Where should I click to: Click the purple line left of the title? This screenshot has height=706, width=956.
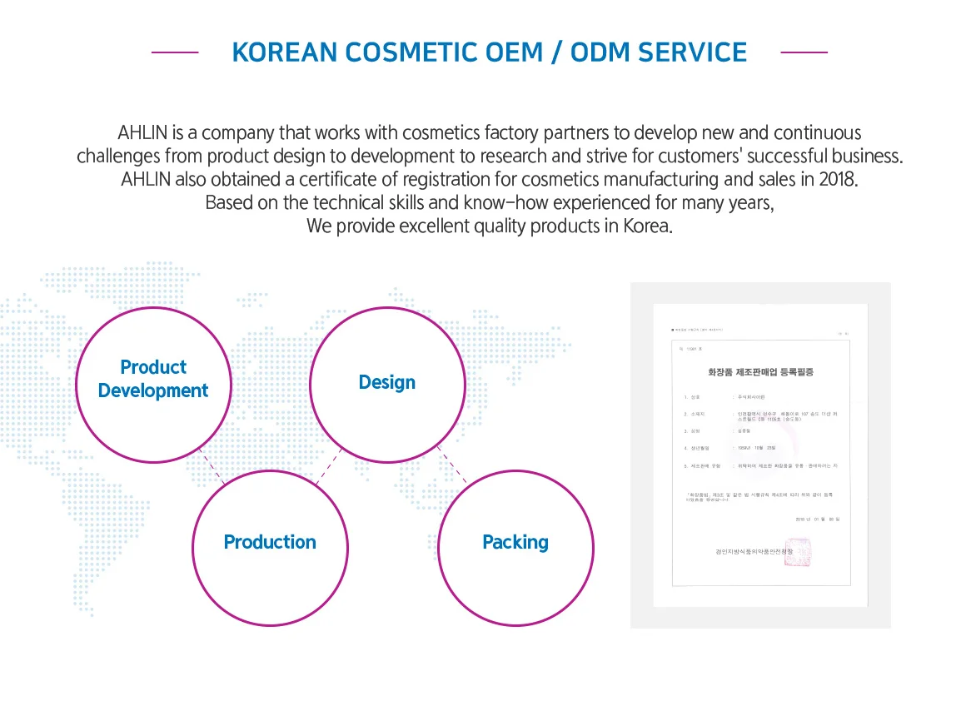pyautogui.click(x=175, y=52)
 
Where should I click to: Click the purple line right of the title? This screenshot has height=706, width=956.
pyautogui.click(x=804, y=52)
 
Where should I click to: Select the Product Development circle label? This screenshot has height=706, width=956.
pyautogui.click(x=153, y=379)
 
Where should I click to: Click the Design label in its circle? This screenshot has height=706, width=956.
pyautogui.click(x=386, y=382)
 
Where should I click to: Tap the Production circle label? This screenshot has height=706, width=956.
pyautogui.click(x=270, y=542)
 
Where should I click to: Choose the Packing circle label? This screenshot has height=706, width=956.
pyautogui.click(x=515, y=542)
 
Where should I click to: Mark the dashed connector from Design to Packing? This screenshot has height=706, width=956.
pyautogui.click(x=452, y=467)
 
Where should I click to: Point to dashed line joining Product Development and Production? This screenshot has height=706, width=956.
pyautogui.click(x=212, y=466)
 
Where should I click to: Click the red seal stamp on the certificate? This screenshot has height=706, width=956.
pyautogui.click(x=796, y=552)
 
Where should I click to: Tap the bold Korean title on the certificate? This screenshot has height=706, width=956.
pyautogui.click(x=760, y=372)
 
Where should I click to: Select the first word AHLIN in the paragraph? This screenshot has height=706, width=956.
pyautogui.click(x=143, y=133)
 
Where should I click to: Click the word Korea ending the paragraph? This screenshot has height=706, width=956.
pyautogui.click(x=647, y=226)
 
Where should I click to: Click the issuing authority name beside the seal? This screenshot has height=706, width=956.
pyautogui.click(x=744, y=551)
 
